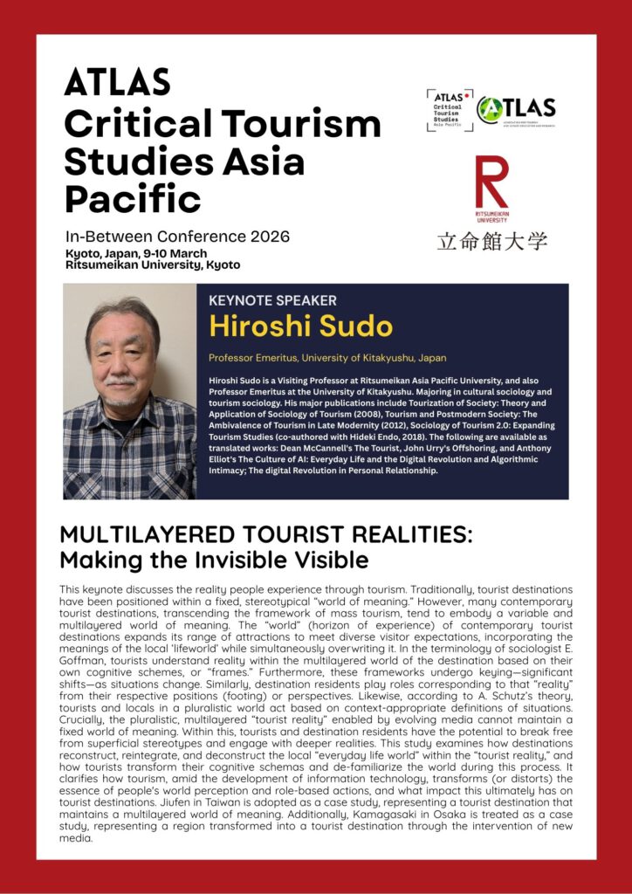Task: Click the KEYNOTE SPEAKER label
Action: click(272, 300)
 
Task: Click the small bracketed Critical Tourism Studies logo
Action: click(450, 110)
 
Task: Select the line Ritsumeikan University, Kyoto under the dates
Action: click(153, 265)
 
